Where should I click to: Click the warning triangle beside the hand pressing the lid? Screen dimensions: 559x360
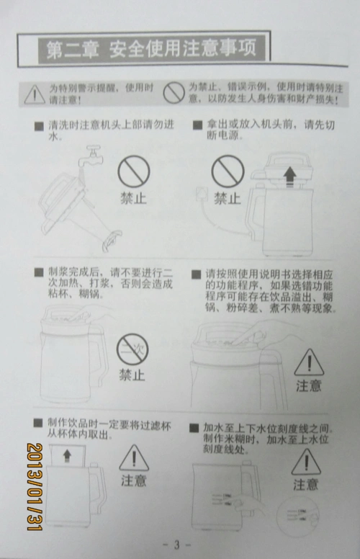coord(309,362)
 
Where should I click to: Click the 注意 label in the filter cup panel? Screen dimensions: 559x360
coord(133,480)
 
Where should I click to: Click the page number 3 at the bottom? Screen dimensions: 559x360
coord(180,544)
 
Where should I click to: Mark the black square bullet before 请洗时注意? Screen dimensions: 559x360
coord(39,126)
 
